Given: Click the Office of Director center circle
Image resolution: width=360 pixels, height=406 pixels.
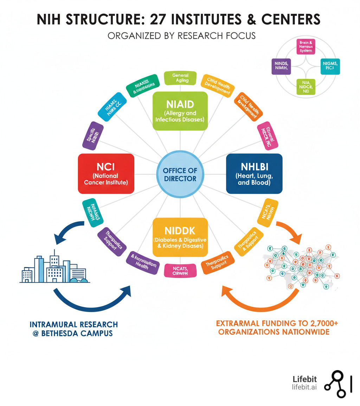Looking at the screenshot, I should point(180,174).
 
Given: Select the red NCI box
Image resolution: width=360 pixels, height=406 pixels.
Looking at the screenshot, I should point(106,173).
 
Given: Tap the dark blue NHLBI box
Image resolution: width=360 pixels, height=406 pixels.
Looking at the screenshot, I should point(254,173).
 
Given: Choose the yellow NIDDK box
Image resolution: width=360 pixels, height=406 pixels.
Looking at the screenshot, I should point(180,237).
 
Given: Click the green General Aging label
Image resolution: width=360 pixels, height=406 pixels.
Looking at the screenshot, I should point(180,78).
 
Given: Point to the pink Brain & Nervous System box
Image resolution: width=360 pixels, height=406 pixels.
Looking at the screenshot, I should point(306,46).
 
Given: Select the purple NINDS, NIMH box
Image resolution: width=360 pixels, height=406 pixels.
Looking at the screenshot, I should point(281,66).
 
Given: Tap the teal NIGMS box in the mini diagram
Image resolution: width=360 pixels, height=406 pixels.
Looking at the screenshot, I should point(330,66).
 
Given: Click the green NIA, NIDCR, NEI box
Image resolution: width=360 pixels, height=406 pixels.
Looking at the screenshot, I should point(306,87).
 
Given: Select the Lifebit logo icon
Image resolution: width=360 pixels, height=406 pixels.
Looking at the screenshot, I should point(335,385).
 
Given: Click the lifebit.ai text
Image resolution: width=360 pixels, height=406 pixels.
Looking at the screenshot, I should point(304,387).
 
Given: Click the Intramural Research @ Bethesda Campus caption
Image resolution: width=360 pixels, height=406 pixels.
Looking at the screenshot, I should point(73,328).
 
